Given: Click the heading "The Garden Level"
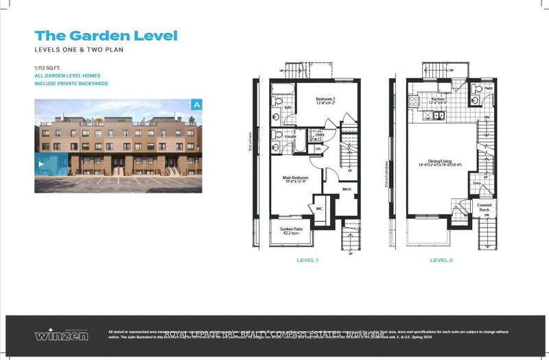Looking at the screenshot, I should (106, 36).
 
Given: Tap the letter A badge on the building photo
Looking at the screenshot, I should (197, 105).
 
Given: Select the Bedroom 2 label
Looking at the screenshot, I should (325, 101).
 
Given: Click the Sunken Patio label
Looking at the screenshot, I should (292, 230).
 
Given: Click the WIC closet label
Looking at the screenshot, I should (318, 208).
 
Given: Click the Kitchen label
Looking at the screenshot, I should (439, 100).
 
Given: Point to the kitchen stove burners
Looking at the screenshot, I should (414, 101).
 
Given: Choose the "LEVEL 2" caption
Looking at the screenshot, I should (441, 261).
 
